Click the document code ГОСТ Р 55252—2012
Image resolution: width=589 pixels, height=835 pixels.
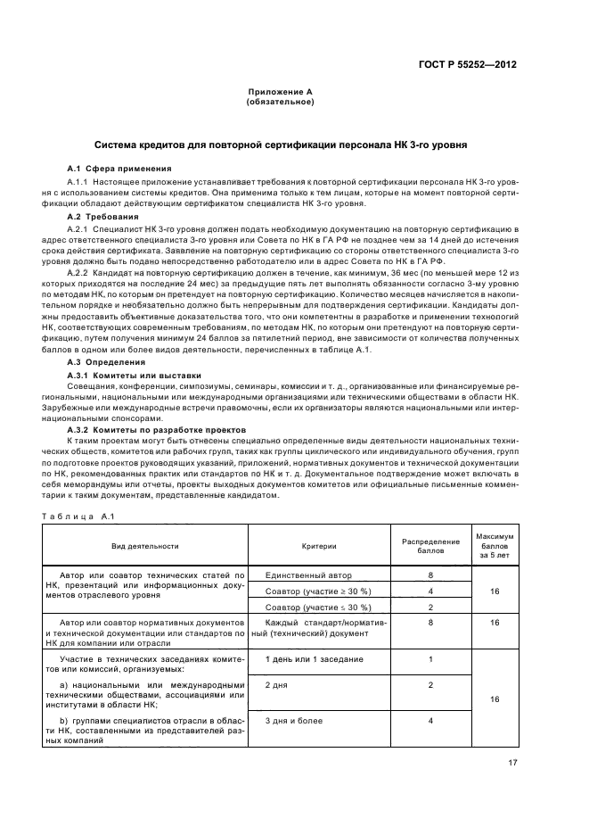pos(471,64)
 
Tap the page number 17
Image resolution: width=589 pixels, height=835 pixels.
pos(511,763)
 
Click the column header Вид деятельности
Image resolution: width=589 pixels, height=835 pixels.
pos(144,545)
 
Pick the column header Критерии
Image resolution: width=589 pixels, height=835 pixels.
pos(319,545)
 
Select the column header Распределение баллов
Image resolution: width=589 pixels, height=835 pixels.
pos(430,545)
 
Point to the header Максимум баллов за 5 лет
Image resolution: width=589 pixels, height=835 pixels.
pos(496,545)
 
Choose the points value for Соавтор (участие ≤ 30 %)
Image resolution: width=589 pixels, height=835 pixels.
pos(430,607)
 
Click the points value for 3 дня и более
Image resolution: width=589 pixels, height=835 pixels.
pos(430,720)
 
